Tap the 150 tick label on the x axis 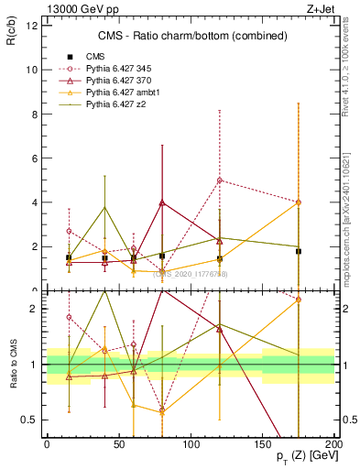pos(262,444)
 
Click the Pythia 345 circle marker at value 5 pos(220,180)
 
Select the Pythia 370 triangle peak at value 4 pos(162,202)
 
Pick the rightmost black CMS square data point pos(299,251)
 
